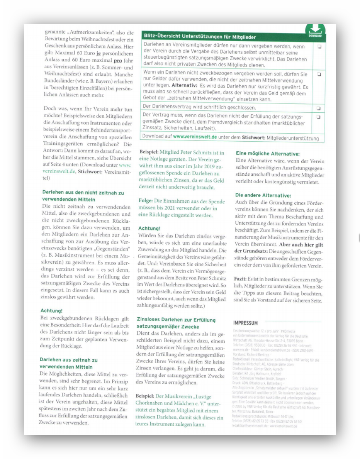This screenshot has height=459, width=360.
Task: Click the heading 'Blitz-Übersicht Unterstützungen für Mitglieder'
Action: (200, 37)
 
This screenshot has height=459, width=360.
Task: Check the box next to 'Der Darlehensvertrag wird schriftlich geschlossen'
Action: (320, 107)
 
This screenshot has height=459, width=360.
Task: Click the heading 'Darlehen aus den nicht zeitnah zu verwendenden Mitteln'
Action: (83, 196)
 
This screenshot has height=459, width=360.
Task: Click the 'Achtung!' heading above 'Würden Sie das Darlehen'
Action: (149, 228)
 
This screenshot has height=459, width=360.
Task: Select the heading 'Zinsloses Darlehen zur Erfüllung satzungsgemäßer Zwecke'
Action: (176, 323)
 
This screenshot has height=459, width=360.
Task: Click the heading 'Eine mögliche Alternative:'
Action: (267, 154)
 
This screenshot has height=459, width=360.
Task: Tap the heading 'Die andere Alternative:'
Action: (263, 195)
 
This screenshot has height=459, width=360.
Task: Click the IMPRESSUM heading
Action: (245, 323)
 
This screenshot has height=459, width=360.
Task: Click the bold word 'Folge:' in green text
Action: (146, 201)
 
